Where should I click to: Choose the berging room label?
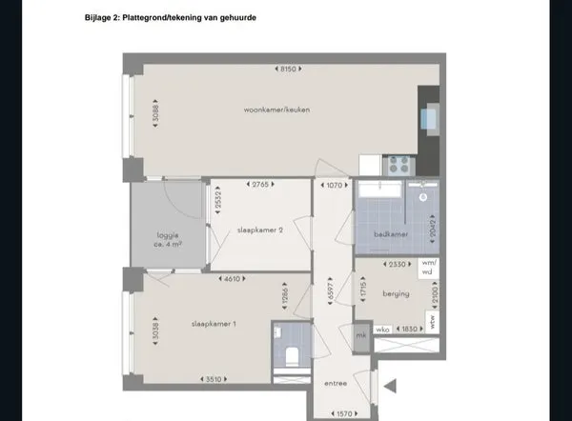click(x=396, y=294)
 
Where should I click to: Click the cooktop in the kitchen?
click(x=396, y=163)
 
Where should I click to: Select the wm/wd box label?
click(x=429, y=266)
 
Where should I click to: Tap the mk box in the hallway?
click(x=360, y=335)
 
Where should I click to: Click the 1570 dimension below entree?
click(x=344, y=413)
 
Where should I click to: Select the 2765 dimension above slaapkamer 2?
click(x=260, y=184)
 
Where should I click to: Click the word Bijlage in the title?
click(x=101, y=18)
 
